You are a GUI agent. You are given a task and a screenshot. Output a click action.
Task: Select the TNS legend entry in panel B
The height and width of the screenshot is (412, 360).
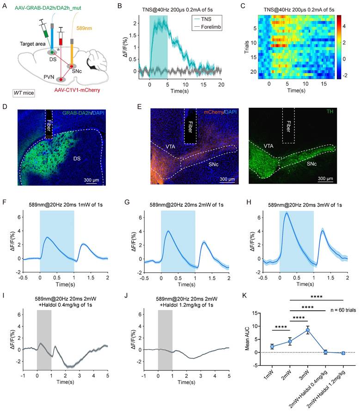pyautogui.click(x=204, y=21)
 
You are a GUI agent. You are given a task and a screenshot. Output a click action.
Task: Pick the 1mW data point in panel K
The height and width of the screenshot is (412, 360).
pyautogui.click(x=273, y=346)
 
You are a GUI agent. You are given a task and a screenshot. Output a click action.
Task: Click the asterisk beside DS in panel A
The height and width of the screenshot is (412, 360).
pyautogui.click(x=59, y=49)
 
